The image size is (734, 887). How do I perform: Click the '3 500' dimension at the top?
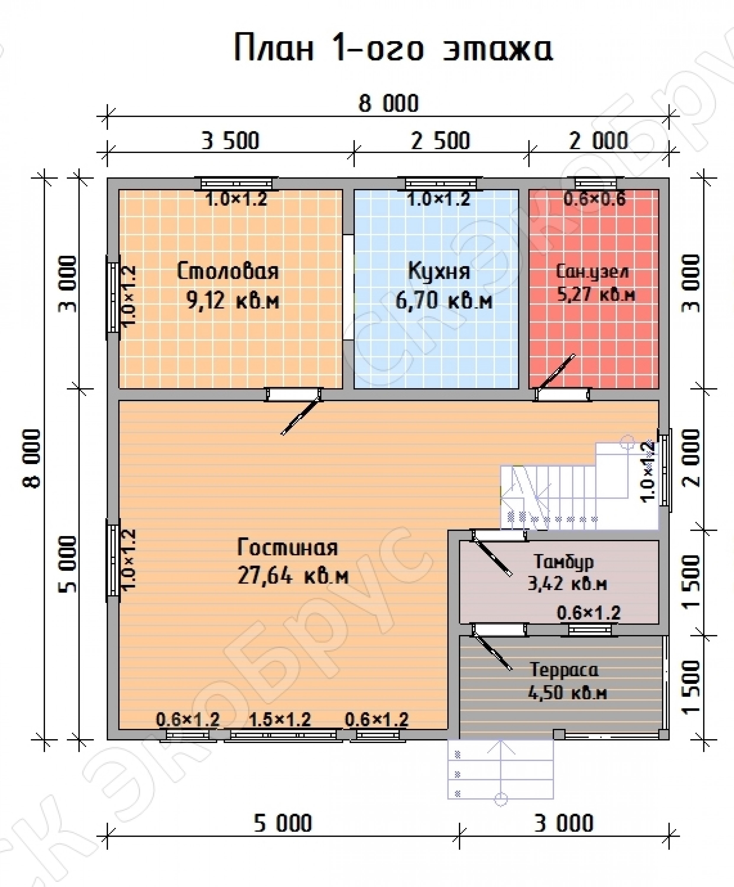[x=230, y=141]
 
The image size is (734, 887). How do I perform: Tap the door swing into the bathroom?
[x=557, y=370]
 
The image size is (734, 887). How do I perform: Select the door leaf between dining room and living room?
[x=301, y=415]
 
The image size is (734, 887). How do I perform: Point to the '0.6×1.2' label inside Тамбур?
[x=589, y=613]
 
